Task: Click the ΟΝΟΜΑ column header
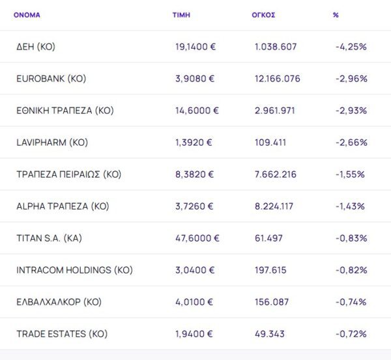tap(27, 15)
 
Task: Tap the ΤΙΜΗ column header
tap(181, 15)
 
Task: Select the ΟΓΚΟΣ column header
tap(263, 15)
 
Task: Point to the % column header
tap(336, 15)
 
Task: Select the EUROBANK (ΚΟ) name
tap(51, 79)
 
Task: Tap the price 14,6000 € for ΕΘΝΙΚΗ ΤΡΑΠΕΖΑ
tap(197, 111)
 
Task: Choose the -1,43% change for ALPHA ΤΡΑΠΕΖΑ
tap(350, 206)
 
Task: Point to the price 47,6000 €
tap(197, 238)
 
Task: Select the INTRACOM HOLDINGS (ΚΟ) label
tap(74, 270)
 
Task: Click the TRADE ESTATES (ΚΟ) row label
tap(61, 334)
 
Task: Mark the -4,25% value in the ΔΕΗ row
tap(351, 47)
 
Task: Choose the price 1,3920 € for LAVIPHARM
tap(194, 143)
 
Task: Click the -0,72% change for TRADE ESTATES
tap(351, 334)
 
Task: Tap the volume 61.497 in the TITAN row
tap(269, 238)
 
